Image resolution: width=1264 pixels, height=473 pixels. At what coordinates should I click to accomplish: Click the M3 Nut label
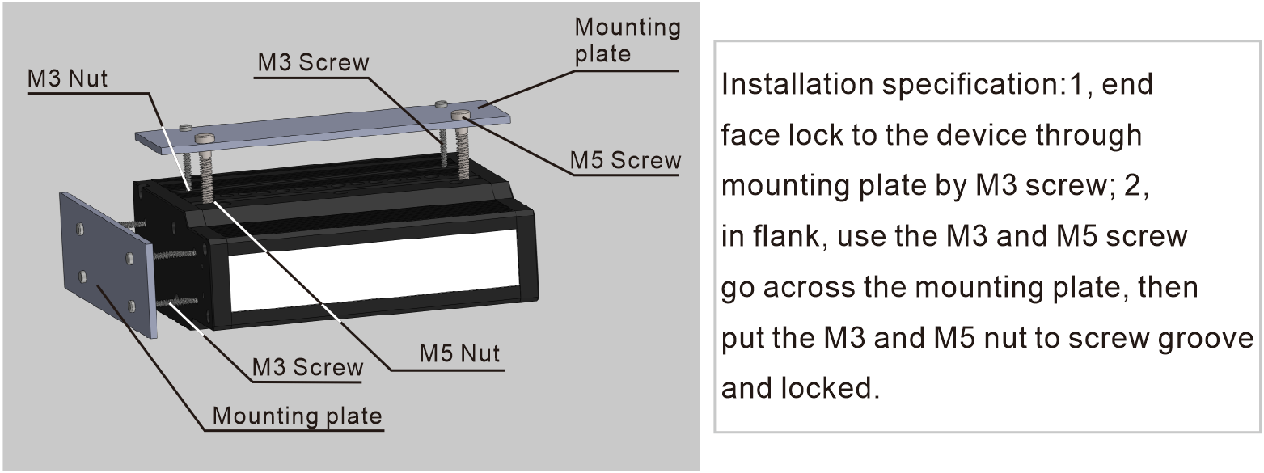coord(68,79)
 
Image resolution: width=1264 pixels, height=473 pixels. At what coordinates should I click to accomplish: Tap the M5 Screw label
coord(625,160)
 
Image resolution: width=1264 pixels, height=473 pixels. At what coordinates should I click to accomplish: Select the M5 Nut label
coord(459,353)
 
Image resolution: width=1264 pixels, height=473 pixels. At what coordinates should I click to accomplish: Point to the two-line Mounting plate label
coord(627,40)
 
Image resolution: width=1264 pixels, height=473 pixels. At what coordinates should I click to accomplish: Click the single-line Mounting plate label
coord(297,416)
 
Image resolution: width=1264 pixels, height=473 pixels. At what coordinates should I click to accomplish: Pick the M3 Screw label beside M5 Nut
coord(308,367)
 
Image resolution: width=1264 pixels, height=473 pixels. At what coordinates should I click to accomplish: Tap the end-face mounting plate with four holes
coord(105,264)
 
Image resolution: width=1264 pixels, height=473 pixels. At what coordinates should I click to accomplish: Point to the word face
coord(749,135)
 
